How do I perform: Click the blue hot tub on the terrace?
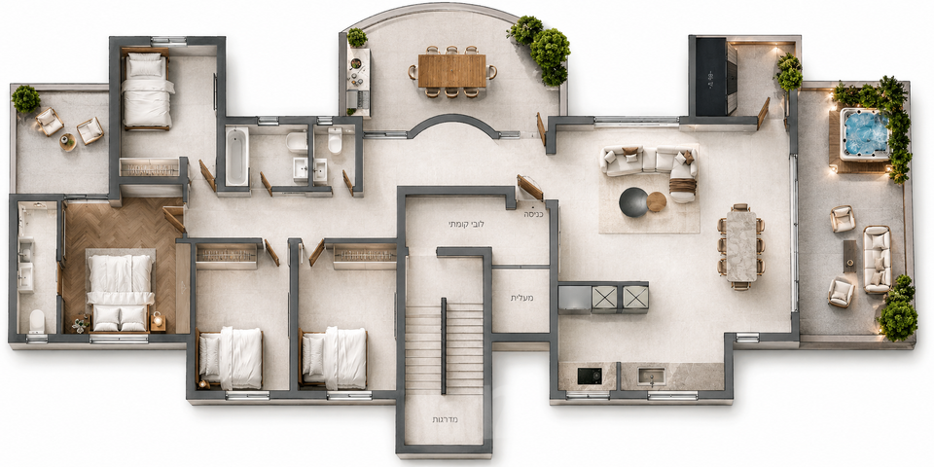tap(865, 134)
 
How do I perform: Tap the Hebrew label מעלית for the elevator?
tap(521, 298)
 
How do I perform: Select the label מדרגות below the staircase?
tap(445, 420)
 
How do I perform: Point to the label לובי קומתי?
tap(466, 225)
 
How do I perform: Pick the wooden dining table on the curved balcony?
tap(452, 71)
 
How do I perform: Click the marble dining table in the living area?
tap(741, 246)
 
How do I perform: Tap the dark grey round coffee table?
tap(633, 202)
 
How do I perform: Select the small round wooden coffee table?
tap(657, 202)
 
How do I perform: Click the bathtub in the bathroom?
tap(236, 156)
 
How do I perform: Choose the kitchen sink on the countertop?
tap(651, 377)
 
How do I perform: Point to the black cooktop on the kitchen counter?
tap(590, 376)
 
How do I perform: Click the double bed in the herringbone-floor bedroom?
tap(121, 290)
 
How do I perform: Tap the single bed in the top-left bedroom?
tap(147, 90)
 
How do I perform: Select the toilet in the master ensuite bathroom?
tap(37, 320)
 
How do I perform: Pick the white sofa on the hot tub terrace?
tap(877, 259)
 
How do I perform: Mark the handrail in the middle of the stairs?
tap(444, 345)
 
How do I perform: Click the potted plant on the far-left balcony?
tap(25, 99)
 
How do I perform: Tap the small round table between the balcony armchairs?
tap(67, 142)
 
